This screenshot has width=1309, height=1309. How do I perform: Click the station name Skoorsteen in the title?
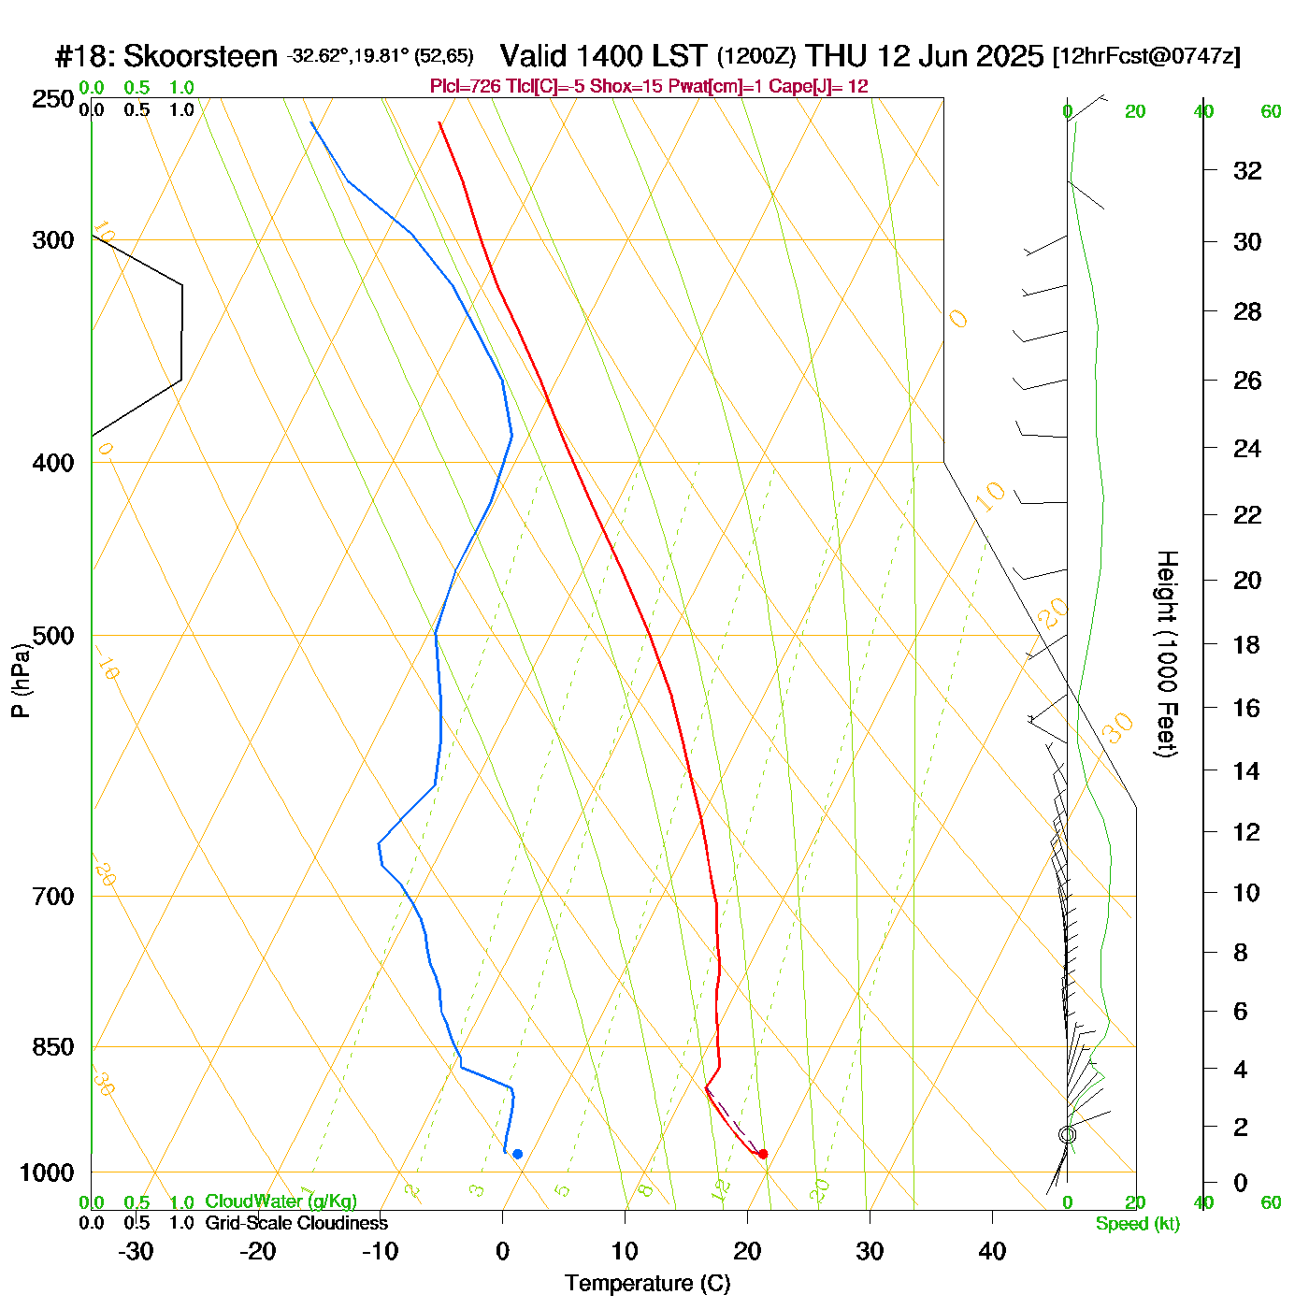point(200,57)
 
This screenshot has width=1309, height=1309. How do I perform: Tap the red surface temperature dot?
point(763,1154)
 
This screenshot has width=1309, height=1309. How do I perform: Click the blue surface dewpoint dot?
point(517,1154)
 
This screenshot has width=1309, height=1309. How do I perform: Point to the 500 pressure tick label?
point(53,636)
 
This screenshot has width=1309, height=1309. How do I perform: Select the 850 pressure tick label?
point(53,1047)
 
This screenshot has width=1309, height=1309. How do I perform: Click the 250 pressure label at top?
point(53,99)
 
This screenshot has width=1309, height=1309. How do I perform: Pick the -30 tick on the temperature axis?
point(136,1251)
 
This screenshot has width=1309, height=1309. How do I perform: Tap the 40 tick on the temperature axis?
point(992,1251)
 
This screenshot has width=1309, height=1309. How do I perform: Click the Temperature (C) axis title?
point(647,1284)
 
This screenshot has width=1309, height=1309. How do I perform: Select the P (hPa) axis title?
point(21,681)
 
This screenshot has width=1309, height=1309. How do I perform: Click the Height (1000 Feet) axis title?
point(1167,654)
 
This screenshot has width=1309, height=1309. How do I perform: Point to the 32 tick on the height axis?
point(1247,170)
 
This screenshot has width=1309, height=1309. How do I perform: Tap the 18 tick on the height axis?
point(1247,644)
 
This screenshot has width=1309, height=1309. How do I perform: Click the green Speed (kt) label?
point(1137,1224)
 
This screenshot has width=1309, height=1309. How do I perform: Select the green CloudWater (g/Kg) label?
point(280,1201)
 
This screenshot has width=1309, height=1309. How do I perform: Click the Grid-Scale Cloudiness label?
point(296,1223)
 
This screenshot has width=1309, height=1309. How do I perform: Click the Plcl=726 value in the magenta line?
point(459,87)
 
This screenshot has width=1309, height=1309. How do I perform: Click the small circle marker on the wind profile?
point(1067,1134)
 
